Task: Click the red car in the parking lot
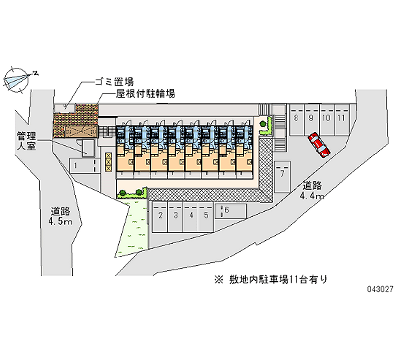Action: (x=319, y=145)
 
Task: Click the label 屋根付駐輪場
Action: (x=139, y=93)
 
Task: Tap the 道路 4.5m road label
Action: (x=61, y=216)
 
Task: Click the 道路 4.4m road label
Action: (x=313, y=191)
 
